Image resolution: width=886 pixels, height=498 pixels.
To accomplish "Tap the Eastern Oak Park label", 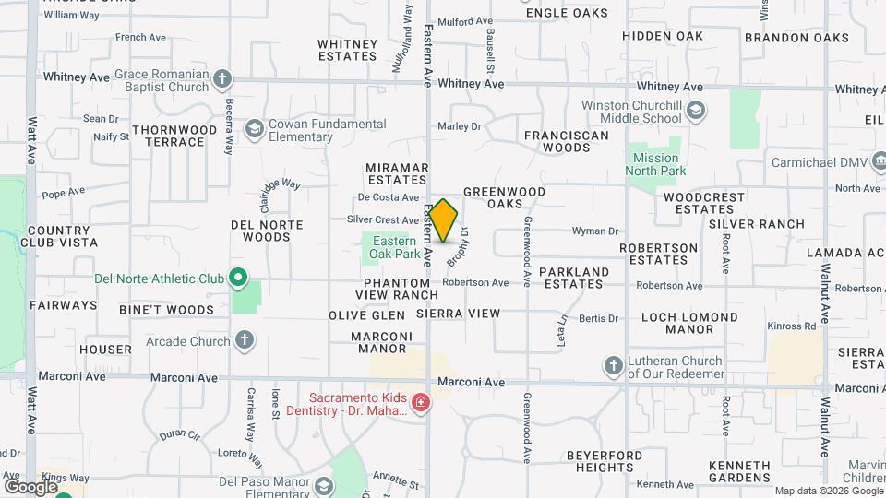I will coord(394,247).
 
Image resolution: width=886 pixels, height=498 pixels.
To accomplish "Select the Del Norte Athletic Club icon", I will coord(238,277).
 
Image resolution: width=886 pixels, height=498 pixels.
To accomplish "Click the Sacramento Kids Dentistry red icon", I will coord(420,403).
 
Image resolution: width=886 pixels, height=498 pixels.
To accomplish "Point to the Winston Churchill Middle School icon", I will coord(696,112).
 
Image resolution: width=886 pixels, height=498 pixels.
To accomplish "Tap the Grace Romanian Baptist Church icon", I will coord(221,80).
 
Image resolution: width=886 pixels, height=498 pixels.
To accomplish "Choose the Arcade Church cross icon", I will coord(245,341).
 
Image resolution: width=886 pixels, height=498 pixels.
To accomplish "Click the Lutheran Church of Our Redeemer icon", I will coord(614,366).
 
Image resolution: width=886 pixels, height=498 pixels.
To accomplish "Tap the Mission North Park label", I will coord(655,164).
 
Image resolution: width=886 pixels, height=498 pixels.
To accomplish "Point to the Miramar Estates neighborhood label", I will coord(398,173).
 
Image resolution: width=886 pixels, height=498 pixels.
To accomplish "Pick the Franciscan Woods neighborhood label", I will coord(567,141).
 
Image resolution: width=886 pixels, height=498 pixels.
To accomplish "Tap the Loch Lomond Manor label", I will coord(690,323).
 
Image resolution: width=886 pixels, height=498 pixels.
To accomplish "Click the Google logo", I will coord(30,486).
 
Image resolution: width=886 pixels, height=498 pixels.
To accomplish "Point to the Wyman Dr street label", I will coord(594,231).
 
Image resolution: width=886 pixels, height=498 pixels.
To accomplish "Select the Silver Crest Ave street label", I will coord(383,220).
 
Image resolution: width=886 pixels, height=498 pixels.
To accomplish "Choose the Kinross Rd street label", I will coord(793,326).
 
